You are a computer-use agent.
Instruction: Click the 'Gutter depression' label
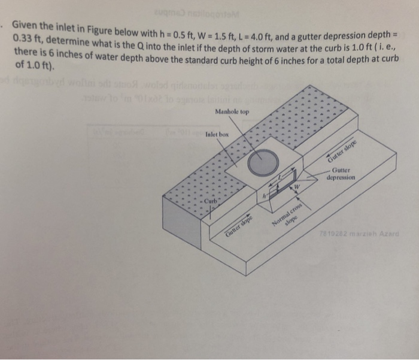[x=342, y=174]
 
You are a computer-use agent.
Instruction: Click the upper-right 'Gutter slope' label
[x=342, y=150]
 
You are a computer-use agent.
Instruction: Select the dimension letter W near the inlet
[x=296, y=187]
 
